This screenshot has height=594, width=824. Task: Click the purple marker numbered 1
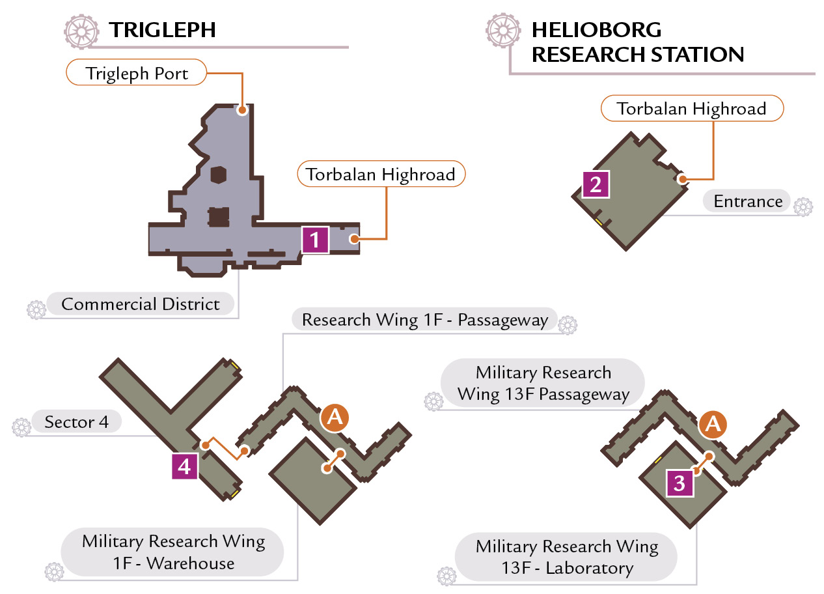315,240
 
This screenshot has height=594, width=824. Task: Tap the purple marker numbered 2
596,184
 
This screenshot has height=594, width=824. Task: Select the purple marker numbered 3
680,483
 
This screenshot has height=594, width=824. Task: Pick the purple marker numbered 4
185,466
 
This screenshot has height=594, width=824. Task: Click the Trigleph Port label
136,72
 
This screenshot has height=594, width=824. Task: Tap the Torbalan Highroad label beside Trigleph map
381,174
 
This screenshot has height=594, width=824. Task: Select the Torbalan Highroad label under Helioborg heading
692,109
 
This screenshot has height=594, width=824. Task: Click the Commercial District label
140,304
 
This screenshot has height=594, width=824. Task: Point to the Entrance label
747,201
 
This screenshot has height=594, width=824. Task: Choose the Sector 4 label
77,422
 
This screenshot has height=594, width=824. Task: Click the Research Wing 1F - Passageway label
424,319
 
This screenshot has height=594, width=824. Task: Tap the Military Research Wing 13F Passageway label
543,383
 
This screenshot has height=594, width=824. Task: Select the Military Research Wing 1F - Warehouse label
172,552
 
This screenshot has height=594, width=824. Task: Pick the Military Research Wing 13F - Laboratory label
566,557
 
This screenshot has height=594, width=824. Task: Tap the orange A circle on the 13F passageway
713,425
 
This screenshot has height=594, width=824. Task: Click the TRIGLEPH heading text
162,30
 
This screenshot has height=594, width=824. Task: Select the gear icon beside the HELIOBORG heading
503,31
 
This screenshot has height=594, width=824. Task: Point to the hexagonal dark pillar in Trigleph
218,175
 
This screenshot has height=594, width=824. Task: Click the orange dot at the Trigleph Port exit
241,109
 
